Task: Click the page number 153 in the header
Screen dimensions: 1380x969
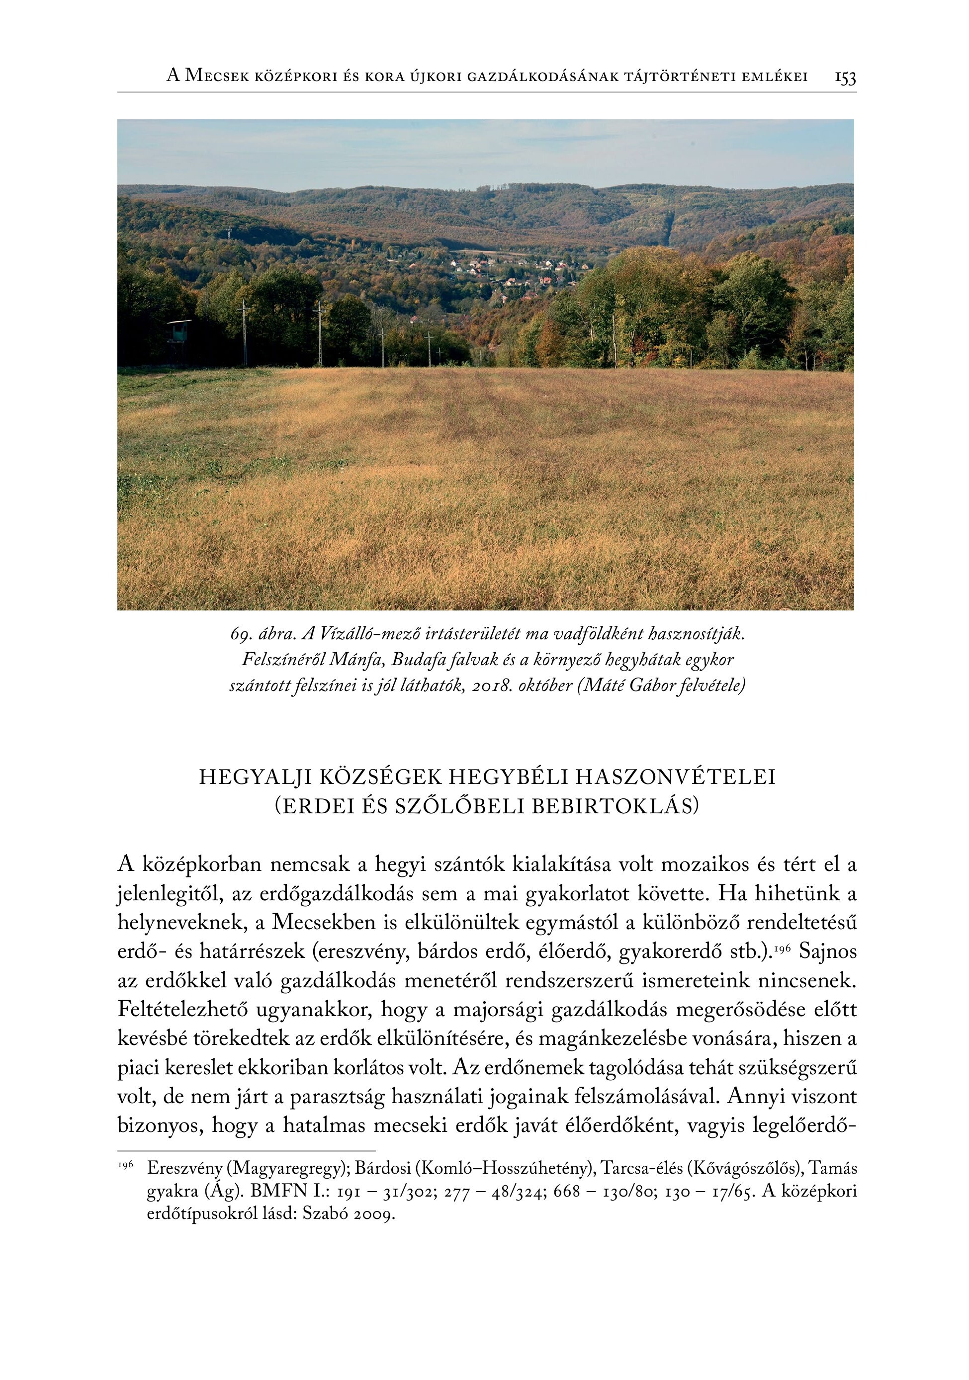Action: [845, 78]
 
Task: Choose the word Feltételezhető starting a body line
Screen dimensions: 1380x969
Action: [182, 1010]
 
